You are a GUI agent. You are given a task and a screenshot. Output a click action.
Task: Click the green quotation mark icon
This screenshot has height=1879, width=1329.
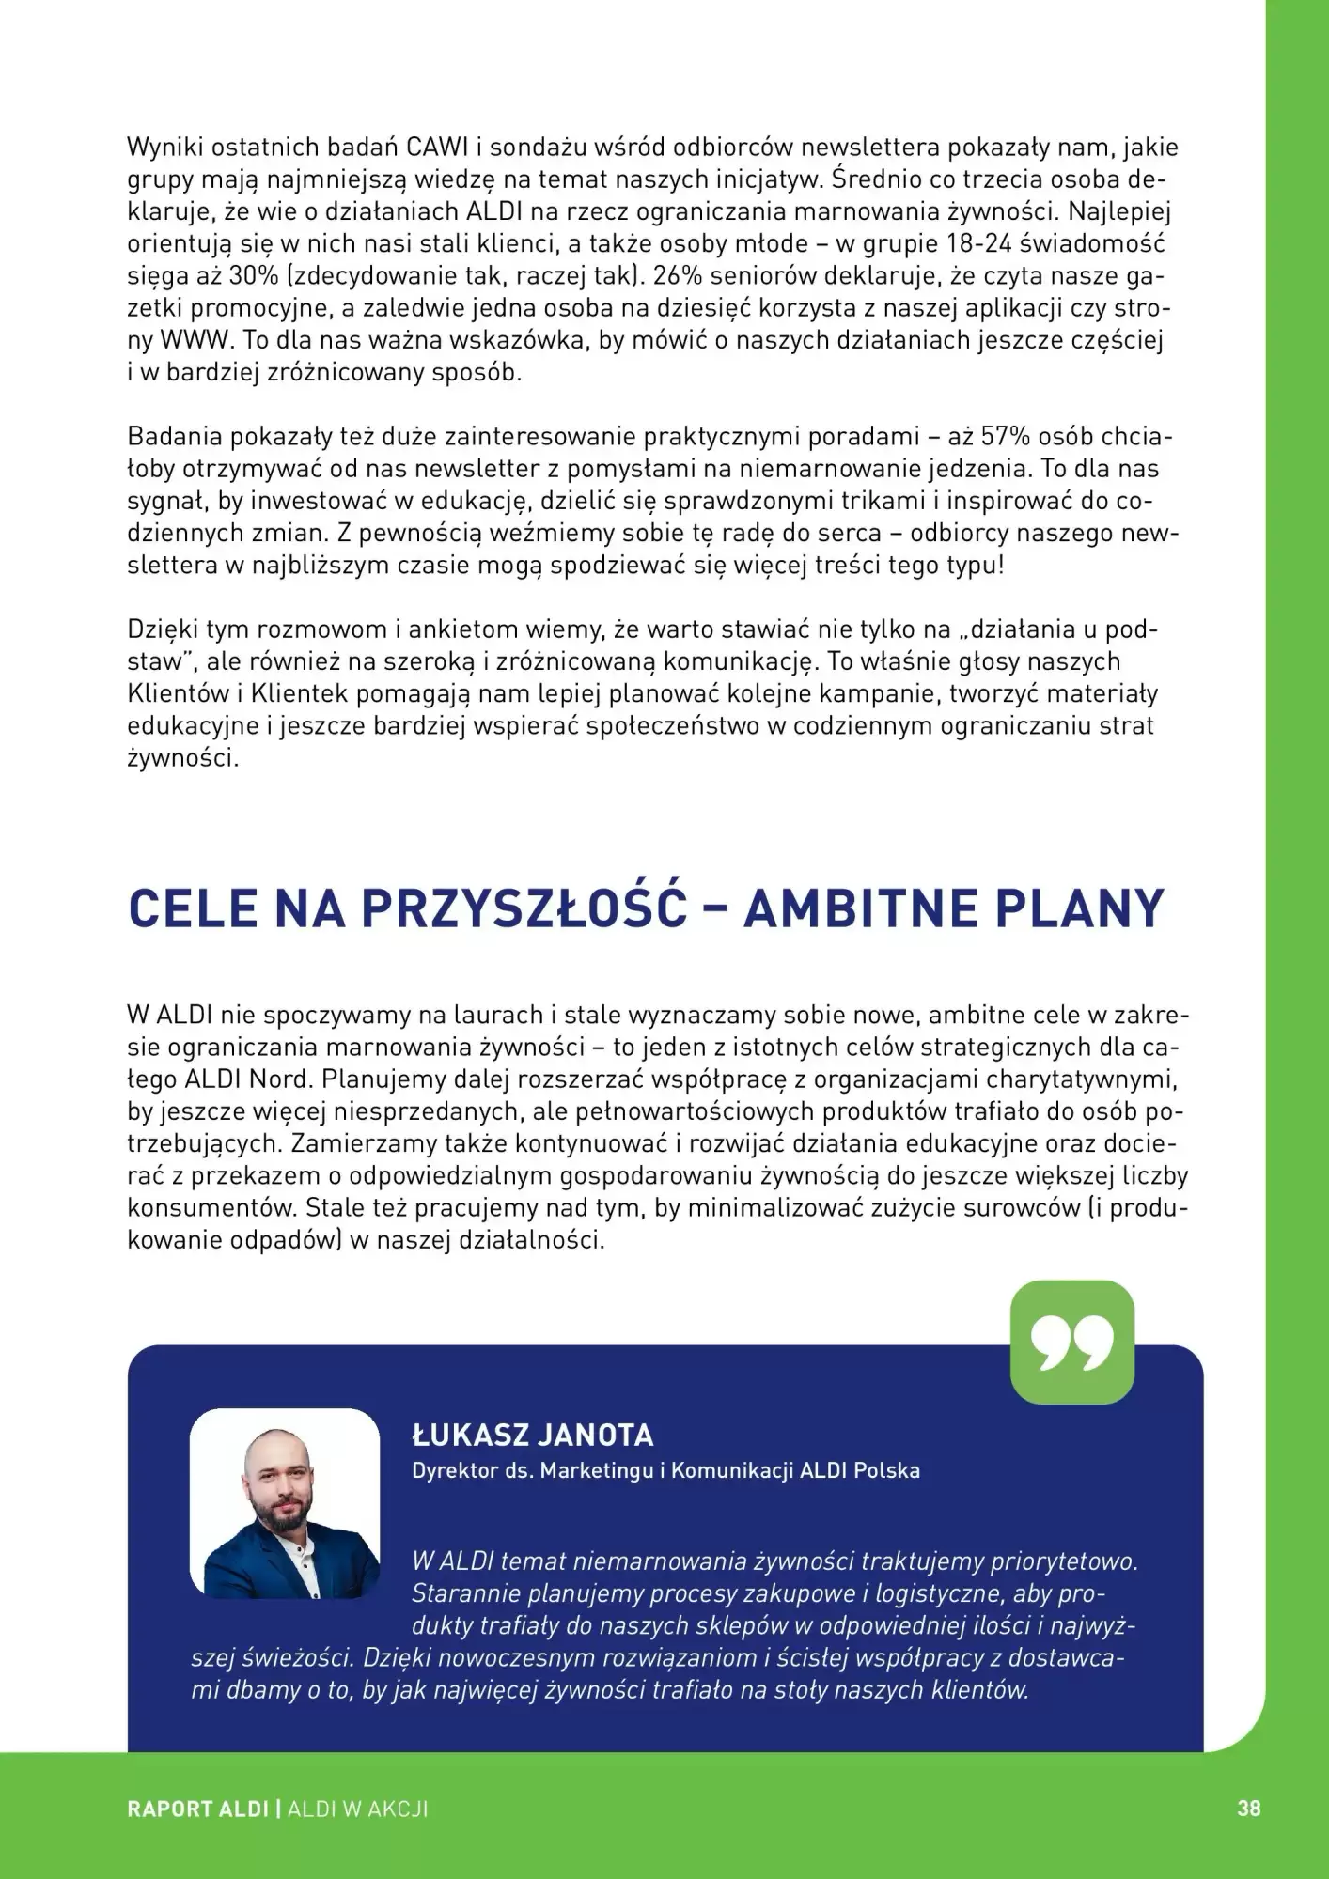1071,1343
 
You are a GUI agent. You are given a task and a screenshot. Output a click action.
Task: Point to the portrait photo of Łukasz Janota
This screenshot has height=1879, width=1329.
285,1503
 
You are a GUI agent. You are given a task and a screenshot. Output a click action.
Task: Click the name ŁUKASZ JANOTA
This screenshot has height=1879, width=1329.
532,1436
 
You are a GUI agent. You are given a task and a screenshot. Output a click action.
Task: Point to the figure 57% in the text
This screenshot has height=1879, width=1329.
1008,437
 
